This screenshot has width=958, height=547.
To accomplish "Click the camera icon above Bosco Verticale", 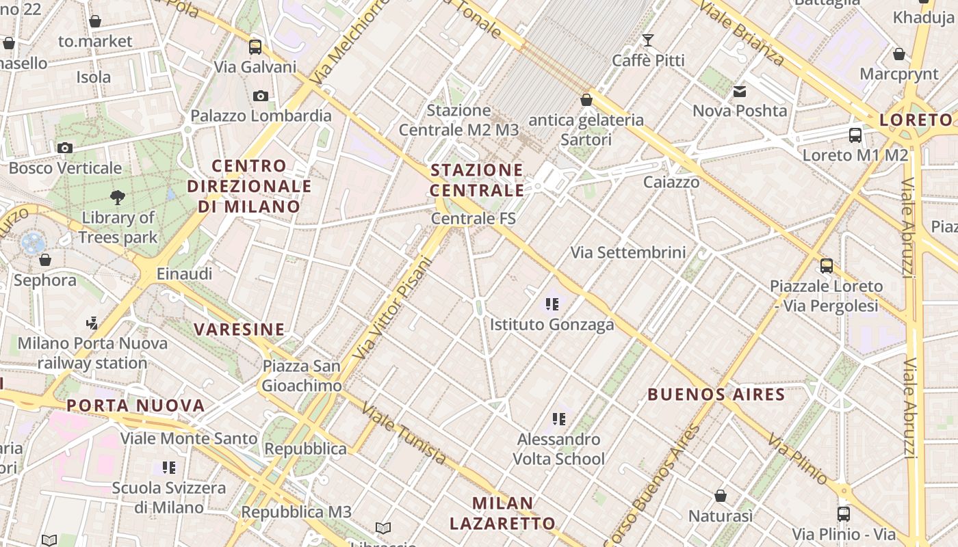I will pos(65,148).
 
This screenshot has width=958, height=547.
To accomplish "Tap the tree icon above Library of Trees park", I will pos(118,198).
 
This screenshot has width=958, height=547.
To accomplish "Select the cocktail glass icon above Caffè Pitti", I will pos(647,40).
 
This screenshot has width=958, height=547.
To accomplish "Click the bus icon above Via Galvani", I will pos(255,46).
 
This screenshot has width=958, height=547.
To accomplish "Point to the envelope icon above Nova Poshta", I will pos(740,91).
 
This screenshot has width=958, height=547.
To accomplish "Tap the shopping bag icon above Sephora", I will pos(45,260).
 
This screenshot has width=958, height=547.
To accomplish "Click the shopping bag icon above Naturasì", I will pos(720,496).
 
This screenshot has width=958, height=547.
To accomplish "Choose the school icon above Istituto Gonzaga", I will pos(552,304).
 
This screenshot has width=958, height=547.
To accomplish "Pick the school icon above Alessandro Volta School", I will pos(558,418).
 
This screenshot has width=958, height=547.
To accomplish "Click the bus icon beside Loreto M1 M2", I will pos(855,135).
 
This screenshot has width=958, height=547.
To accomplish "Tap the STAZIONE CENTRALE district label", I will pos(477,180).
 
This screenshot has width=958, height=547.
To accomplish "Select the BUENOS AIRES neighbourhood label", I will pos(716,395).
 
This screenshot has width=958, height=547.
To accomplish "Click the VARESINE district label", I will pos(239,330).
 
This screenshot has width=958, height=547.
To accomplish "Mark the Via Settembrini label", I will pos(628,252).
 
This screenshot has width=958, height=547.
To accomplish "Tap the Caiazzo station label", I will pos(671,182).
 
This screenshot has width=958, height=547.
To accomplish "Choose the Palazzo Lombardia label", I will pos(261,116).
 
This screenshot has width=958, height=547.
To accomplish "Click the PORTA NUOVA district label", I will pos(135,405).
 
